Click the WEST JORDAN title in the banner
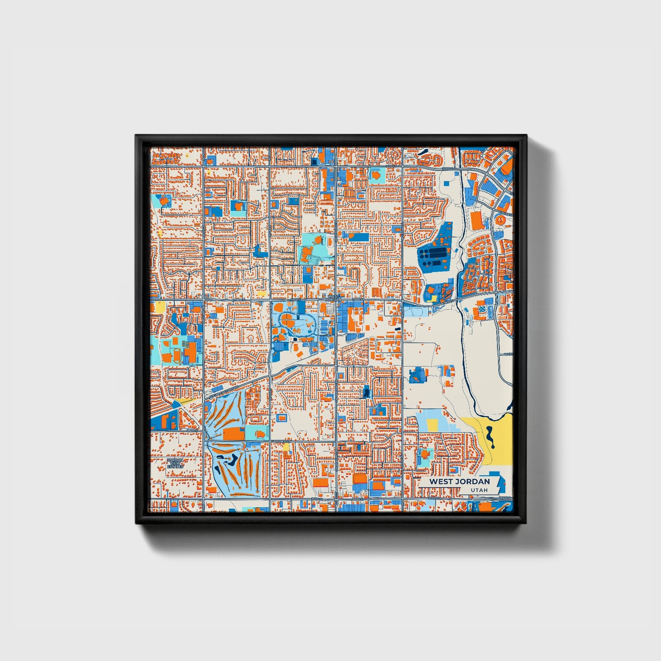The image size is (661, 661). [459, 481]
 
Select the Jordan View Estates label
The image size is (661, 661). [174, 463]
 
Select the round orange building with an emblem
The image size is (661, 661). [500, 220]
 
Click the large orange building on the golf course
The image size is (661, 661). [234, 433]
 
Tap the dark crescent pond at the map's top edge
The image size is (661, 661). [423, 151]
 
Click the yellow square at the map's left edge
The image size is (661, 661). [160, 306]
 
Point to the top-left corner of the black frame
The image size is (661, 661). [136, 136]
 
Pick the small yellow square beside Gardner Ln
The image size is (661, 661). [287, 446]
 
